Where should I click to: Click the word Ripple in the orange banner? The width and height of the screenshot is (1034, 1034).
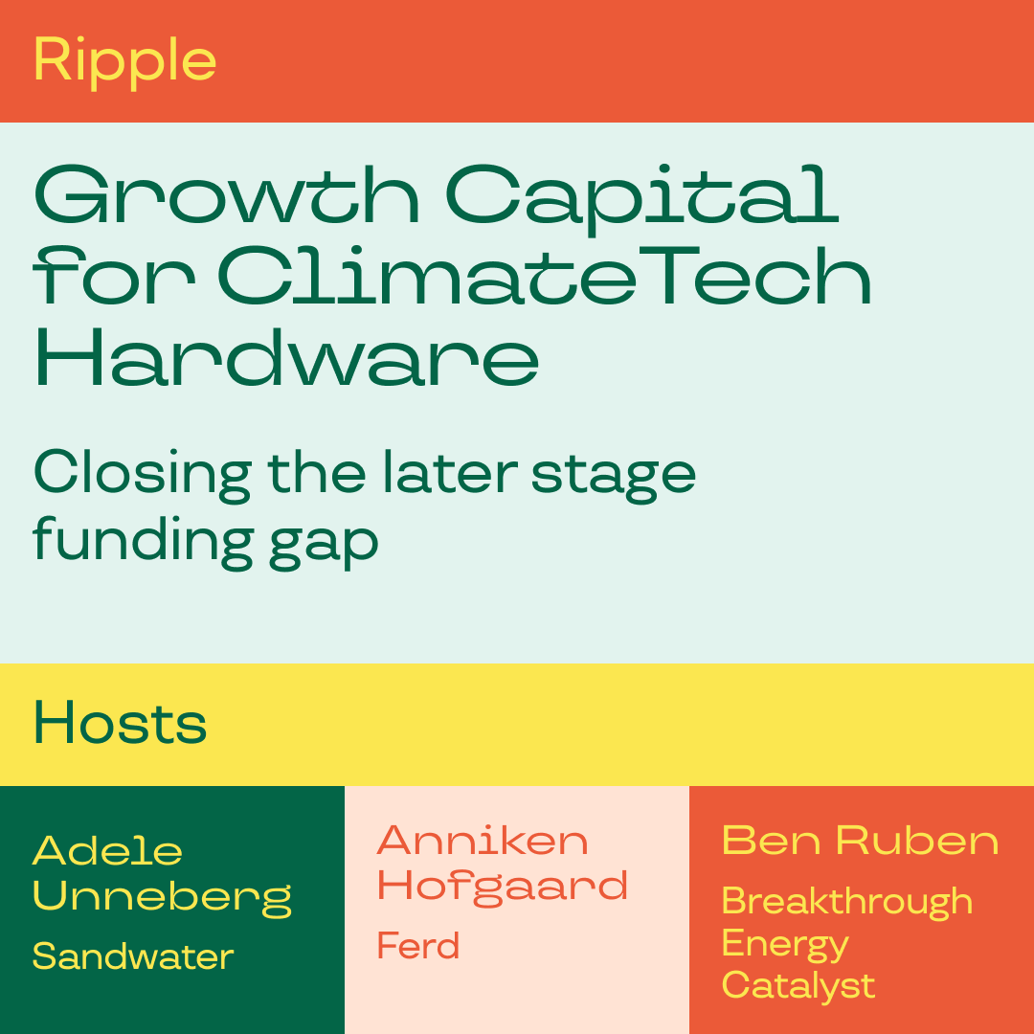[124, 62]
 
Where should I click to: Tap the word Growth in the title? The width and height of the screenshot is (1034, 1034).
[226, 195]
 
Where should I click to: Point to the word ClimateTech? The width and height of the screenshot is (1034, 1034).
[544, 276]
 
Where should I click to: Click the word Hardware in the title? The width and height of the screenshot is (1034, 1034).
[287, 357]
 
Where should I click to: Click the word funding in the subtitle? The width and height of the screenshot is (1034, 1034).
[143, 543]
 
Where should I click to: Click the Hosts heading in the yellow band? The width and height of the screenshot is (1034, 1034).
[121, 724]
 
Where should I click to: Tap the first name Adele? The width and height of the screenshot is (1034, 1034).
[107, 851]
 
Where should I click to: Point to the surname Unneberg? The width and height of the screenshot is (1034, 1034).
[162, 898]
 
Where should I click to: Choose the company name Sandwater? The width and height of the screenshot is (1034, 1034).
[133, 956]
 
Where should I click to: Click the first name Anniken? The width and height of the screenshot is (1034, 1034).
[482, 841]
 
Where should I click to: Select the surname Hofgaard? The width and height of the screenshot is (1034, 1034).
[503, 886]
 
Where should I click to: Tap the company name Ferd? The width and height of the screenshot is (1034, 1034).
[418, 945]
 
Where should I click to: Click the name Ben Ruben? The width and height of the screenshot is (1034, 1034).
[861, 841]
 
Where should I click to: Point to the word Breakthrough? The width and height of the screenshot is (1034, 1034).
[847, 902]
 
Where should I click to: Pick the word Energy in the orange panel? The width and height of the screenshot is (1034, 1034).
[785, 944]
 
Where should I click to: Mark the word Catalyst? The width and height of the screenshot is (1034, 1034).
[798, 986]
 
